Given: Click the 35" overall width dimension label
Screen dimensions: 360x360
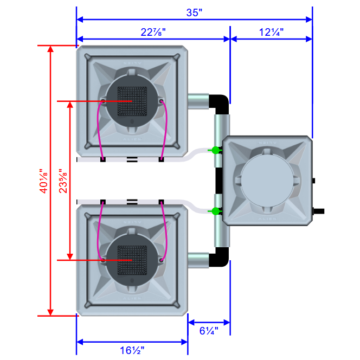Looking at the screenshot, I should [194, 13].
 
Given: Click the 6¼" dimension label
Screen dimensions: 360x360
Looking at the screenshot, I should [209, 330].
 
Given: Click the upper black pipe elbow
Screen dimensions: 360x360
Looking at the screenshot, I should [220, 103].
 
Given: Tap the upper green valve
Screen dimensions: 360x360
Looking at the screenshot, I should [216, 150].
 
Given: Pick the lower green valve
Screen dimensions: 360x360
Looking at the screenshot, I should [216, 210].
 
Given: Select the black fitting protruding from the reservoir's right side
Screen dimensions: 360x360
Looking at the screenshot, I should [319, 210].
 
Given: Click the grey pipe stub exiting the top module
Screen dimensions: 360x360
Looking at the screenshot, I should [198, 100].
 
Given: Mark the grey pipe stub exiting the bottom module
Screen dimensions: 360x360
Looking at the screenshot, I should [198, 260].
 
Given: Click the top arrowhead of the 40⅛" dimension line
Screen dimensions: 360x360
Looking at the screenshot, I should [50, 49].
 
